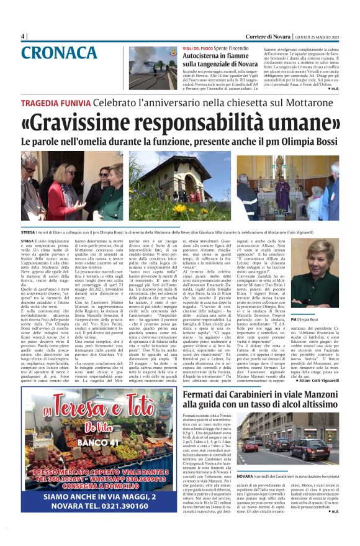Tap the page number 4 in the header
23,36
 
